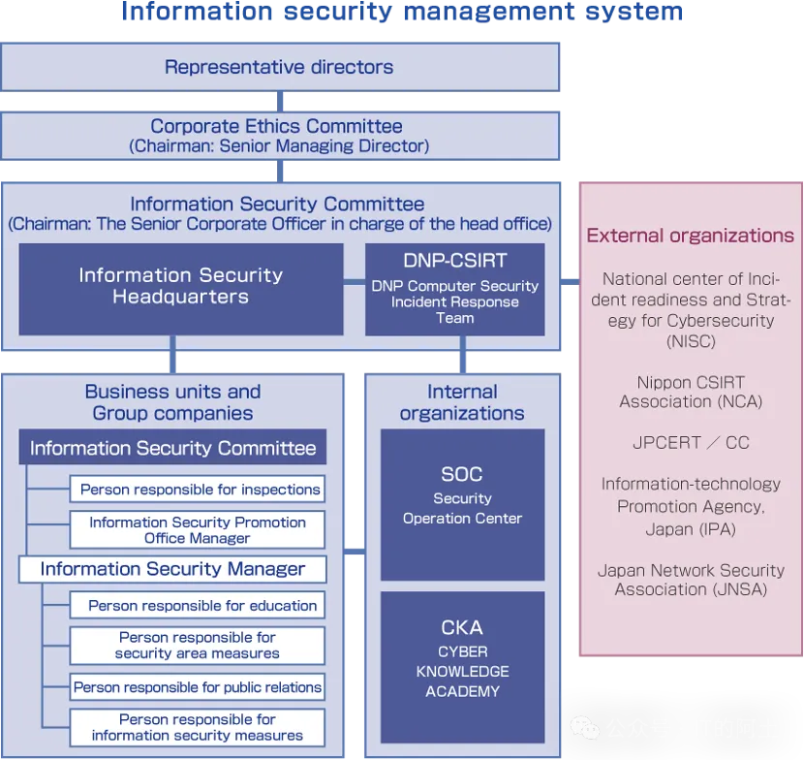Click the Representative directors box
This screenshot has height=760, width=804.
tap(279, 67)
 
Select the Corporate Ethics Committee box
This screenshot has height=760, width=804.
tap(279, 136)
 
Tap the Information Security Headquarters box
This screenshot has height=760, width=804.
tap(181, 287)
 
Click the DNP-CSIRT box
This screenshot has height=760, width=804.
tap(454, 288)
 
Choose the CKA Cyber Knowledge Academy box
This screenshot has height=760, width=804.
tap(462, 659)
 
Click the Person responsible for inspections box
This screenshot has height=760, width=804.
tap(200, 490)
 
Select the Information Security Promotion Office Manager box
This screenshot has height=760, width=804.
tap(198, 529)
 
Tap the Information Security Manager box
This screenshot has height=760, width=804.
tap(172, 569)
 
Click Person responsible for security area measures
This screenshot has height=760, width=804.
tap(198, 646)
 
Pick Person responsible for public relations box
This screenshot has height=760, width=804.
tap(198, 687)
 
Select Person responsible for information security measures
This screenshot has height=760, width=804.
tap(198, 727)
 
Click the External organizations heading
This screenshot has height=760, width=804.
tap(691, 236)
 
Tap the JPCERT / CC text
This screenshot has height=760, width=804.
tap(691, 442)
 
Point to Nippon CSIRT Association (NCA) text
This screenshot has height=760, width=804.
tap(691, 392)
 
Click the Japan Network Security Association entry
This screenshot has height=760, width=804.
tap(691, 580)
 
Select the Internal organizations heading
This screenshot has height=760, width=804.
tap(462, 402)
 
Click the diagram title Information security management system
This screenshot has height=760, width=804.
tap(402, 13)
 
